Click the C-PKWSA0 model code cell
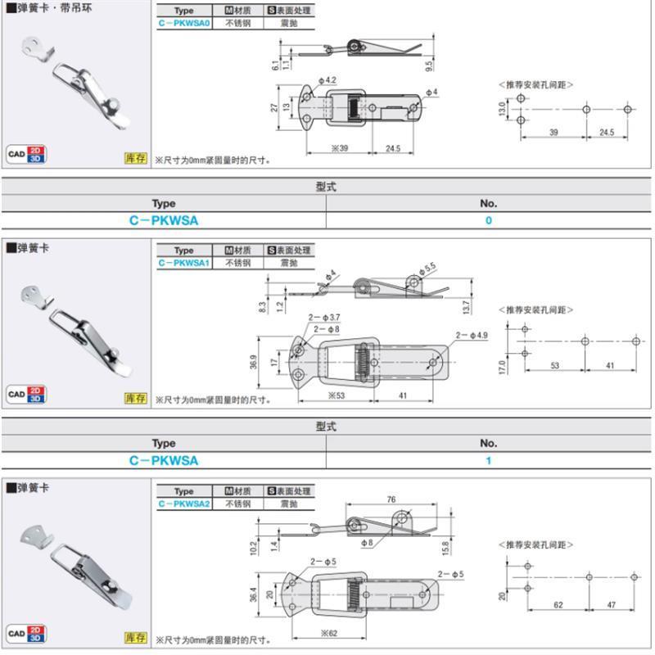(184, 24)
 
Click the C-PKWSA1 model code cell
(184, 263)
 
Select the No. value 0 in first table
(489, 220)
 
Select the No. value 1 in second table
(489, 461)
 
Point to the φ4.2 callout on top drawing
(330, 80)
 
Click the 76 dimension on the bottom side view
(391, 499)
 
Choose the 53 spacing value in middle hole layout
(554, 366)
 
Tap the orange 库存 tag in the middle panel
(135, 398)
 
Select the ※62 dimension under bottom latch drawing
(329, 633)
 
